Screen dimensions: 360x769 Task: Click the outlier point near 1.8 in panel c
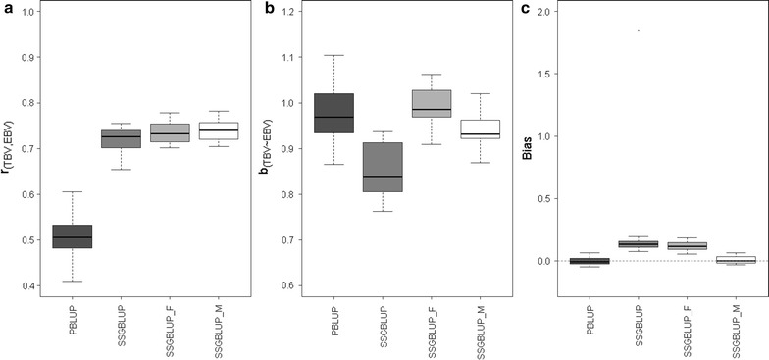pyautogui.click(x=639, y=30)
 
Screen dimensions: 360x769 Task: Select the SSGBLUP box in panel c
pyautogui.click(x=639, y=243)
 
